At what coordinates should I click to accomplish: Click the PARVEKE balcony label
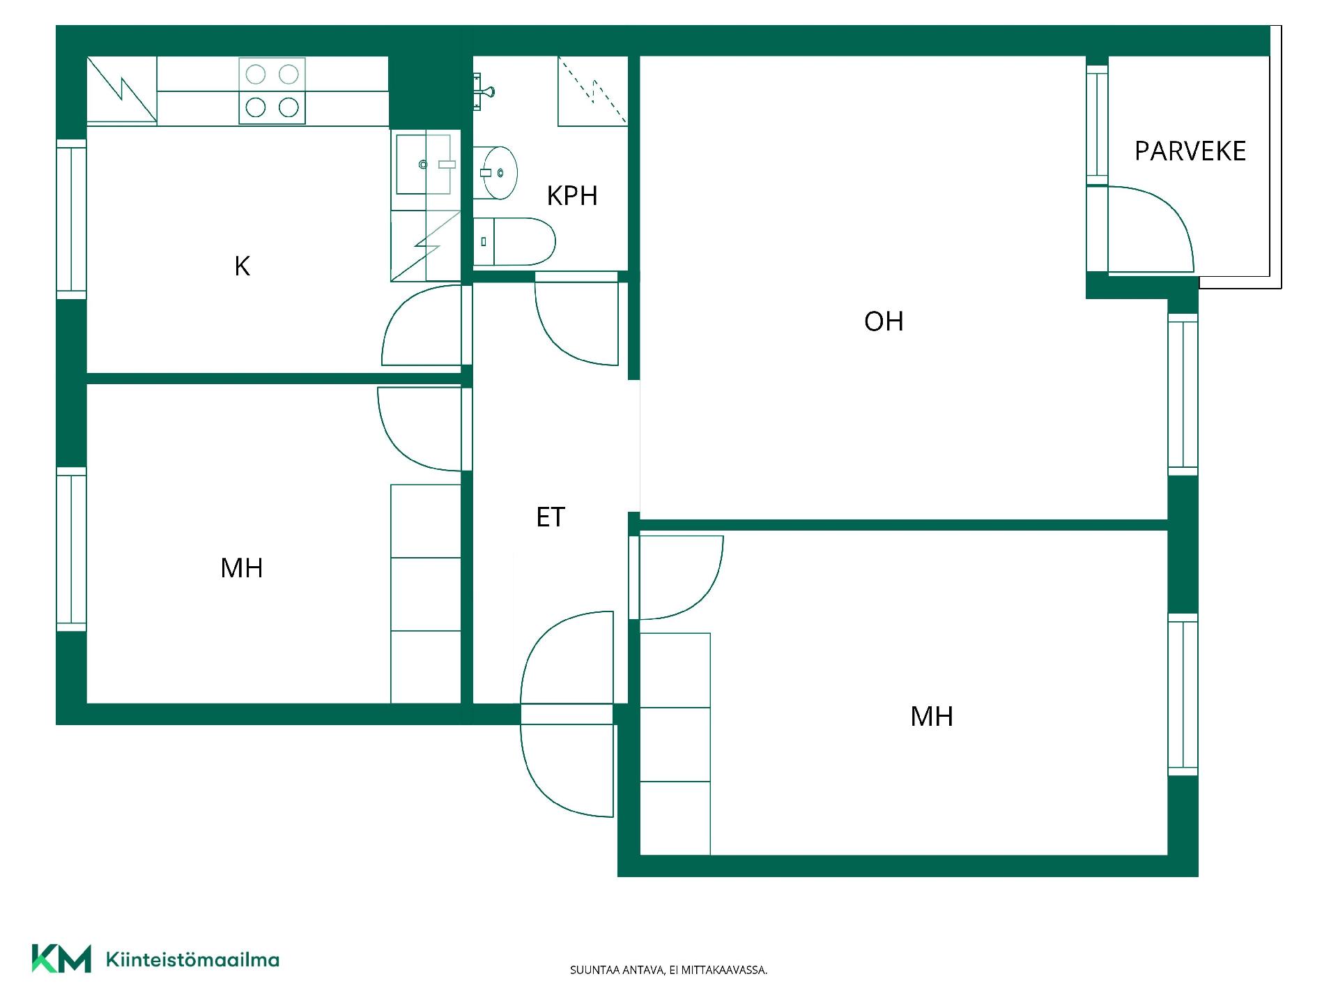point(1190,151)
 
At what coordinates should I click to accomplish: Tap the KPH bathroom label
point(572,196)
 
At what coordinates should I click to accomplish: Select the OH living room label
point(884,321)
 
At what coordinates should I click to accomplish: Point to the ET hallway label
point(551,517)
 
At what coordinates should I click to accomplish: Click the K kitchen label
point(242,266)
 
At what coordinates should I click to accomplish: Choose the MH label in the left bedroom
point(242,568)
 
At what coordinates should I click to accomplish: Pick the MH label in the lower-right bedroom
point(932,717)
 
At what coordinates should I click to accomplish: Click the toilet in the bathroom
point(514,242)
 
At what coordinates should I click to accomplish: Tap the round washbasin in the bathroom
point(495,172)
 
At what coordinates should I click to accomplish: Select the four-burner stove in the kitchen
point(272,91)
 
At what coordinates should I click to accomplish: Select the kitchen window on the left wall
point(71,220)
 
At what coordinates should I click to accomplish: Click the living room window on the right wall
point(1183,395)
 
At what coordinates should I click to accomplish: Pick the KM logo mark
point(61,959)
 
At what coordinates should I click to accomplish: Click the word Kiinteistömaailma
point(192,959)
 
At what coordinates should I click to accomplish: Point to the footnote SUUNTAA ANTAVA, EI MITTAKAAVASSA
point(668,970)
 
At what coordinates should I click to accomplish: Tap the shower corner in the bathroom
point(593,91)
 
